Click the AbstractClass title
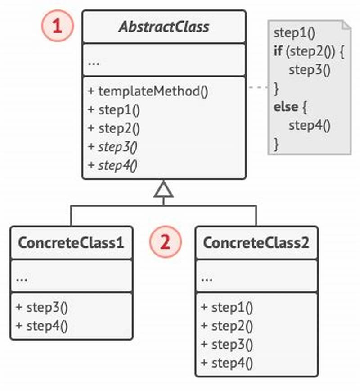coord(164,27)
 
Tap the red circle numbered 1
coord(57,26)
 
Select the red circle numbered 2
coord(165,242)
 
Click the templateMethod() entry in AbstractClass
coord(148,91)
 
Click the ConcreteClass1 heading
coord(71,243)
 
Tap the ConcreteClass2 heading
coord(256,243)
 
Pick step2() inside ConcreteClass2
coord(227,326)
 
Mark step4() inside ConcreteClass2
coord(227,363)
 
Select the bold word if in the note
coord(278,51)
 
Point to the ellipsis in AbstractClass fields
coord(94,62)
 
